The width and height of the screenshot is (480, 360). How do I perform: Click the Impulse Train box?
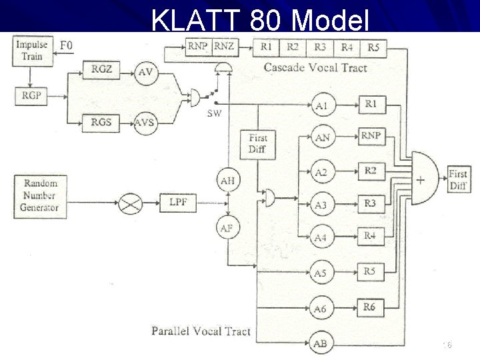click(32, 51)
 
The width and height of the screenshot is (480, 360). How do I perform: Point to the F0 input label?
click(67, 45)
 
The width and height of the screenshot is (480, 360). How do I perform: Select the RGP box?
click(31, 95)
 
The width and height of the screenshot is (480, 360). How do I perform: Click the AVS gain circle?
click(145, 123)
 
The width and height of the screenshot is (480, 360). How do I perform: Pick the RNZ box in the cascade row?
click(224, 47)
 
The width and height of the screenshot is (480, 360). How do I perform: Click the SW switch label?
click(214, 113)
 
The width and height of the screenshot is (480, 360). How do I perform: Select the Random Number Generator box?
click(40, 195)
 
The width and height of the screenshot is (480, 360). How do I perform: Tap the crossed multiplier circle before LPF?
click(130, 202)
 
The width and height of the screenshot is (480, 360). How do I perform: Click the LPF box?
click(178, 201)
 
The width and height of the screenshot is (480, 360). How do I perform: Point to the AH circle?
click(227, 180)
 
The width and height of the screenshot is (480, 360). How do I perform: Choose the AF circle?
click(227, 228)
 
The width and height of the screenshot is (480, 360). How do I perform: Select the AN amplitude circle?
click(322, 138)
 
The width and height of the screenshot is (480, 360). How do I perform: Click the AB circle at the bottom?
click(321, 343)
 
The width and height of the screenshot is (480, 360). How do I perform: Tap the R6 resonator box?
click(370, 307)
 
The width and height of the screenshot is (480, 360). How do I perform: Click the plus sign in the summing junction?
click(421, 179)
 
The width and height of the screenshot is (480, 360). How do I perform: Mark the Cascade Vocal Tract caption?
click(315, 67)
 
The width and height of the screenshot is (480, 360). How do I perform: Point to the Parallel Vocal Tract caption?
click(201, 331)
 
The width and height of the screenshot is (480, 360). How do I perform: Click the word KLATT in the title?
click(197, 21)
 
